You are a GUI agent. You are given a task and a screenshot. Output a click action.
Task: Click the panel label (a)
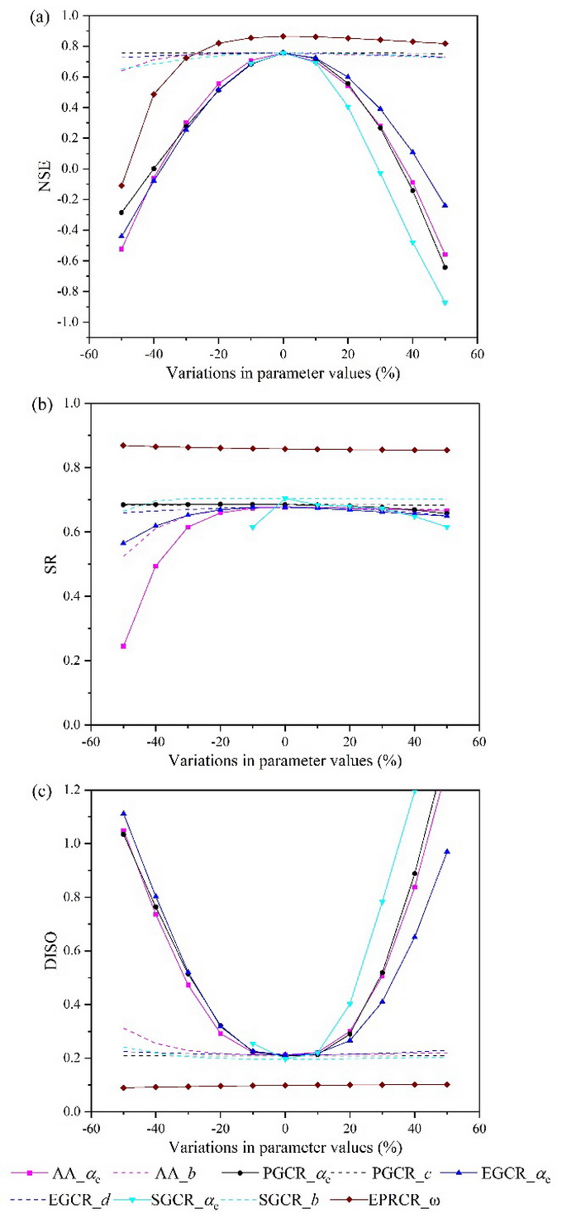point(16,17)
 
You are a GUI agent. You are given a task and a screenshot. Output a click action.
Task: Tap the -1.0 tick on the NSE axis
point(69,322)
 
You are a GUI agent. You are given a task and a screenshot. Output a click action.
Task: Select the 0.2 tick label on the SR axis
point(70,661)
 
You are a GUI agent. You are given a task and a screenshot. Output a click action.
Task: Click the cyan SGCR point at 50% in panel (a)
point(445,303)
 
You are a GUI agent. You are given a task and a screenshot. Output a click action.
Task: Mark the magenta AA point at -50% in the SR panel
point(123,646)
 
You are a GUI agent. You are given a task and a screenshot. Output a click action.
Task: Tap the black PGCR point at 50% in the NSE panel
point(445,267)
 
